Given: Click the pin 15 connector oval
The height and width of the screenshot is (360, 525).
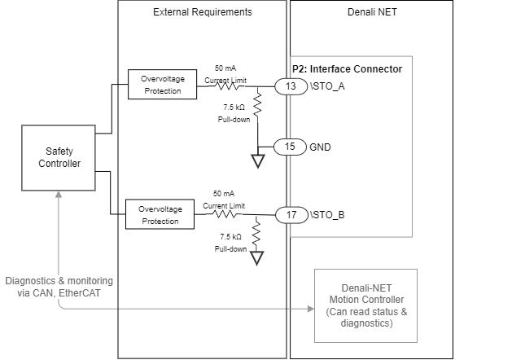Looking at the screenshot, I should [x=289, y=147].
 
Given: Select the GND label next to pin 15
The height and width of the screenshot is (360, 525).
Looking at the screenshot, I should [x=320, y=147].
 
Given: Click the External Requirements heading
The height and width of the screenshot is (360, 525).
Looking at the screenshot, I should [x=202, y=12].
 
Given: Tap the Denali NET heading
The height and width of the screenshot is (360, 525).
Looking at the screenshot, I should [x=370, y=12].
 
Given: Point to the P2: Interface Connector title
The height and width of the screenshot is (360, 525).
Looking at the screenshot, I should [x=347, y=69].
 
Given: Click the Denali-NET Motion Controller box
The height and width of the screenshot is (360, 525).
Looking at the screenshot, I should [x=365, y=305].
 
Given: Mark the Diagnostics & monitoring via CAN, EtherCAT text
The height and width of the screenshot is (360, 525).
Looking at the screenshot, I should [x=59, y=287].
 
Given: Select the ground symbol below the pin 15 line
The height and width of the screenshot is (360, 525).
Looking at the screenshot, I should [x=258, y=160].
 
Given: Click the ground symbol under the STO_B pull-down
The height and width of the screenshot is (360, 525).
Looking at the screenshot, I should [x=258, y=258].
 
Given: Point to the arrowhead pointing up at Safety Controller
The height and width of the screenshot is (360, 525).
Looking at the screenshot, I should [x=59, y=195].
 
